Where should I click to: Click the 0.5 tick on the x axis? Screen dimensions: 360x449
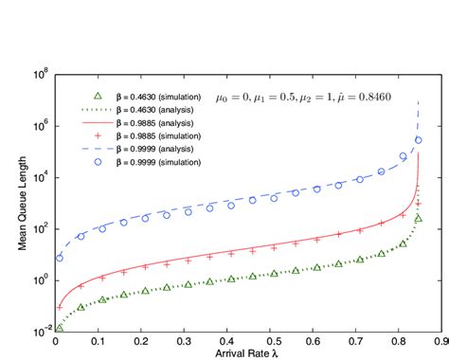tap(272, 338)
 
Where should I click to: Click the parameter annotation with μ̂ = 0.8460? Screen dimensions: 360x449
tap(323, 96)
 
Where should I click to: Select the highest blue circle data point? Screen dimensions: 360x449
tap(419, 139)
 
